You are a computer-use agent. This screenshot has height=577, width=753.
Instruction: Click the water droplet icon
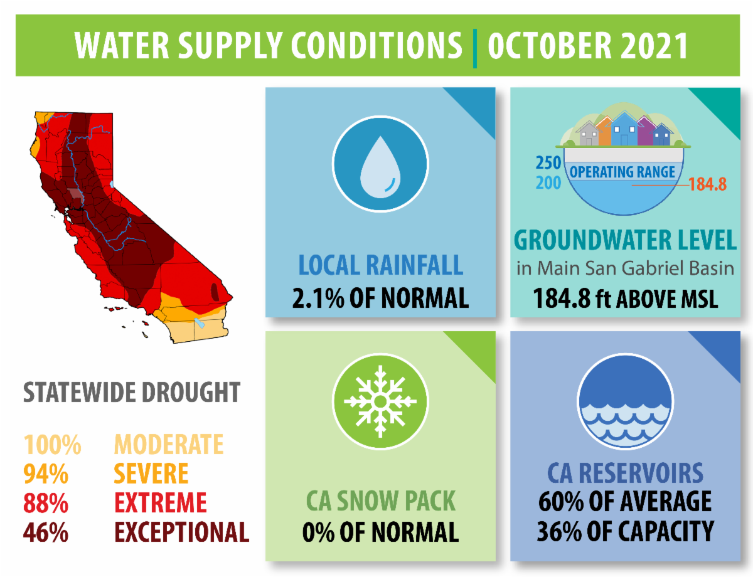380,164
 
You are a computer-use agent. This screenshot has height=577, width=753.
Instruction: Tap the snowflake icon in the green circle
380,401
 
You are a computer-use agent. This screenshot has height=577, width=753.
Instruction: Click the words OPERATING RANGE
622,172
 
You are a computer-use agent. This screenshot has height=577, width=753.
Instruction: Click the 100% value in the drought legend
53,445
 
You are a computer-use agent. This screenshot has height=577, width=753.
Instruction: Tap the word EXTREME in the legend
160,503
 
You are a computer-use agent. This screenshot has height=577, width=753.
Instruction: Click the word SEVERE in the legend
151,474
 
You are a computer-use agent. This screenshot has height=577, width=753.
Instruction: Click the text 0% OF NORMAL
380,532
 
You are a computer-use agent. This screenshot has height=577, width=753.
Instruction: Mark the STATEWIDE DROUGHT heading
132,393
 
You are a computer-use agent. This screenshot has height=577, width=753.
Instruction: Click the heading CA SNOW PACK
380,502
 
